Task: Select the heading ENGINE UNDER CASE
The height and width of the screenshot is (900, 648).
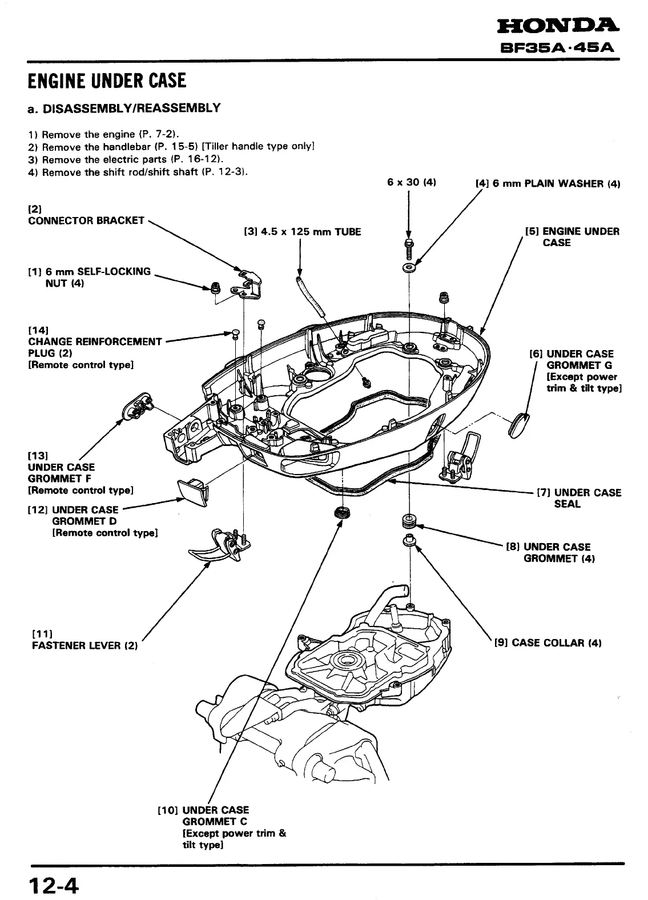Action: (x=107, y=81)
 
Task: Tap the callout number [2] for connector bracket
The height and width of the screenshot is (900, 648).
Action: (x=34, y=209)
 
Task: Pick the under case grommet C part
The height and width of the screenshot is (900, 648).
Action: (x=343, y=512)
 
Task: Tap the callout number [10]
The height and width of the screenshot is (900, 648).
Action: (x=168, y=810)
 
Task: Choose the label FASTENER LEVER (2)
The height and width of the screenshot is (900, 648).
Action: (x=84, y=645)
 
